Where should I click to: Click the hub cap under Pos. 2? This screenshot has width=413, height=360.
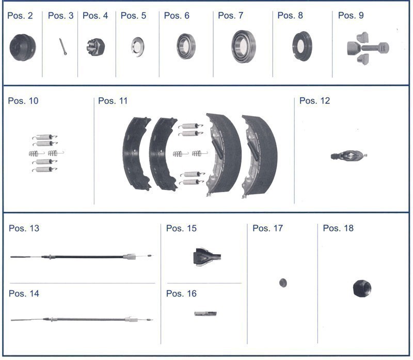(x=23, y=48)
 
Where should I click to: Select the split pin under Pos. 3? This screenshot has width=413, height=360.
(x=63, y=46)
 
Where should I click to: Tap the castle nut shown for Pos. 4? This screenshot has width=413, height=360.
(x=96, y=47)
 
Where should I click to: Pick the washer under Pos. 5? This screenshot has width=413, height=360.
(x=138, y=47)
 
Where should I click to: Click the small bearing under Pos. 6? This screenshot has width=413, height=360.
(x=186, y=46)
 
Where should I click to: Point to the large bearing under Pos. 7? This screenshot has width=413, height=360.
(x=243, y=46)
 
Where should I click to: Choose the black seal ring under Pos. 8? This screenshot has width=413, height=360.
(x=302, y=46)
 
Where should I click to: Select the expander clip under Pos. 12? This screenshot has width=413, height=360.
(x=349, y=155)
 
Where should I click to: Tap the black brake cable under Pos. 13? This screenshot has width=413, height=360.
(x=81, y=256)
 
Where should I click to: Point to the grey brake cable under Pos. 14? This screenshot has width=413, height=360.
(x=82, y=319)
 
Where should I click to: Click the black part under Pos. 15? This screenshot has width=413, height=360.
(x=207, y=257)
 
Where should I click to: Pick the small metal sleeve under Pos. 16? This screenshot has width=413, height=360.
(x=205, y=314)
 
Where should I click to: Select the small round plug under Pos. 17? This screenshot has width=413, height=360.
(x=283, y=283)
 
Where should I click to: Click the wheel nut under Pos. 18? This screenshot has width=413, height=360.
(x=362, y=289)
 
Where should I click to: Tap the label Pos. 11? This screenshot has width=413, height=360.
(x=113, y=101)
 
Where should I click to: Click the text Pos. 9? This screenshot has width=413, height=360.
(x=351, y=15)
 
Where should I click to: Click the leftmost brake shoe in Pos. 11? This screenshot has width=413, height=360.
(x=136, y=153)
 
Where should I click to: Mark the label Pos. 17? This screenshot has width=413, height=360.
(x=267, y=228)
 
